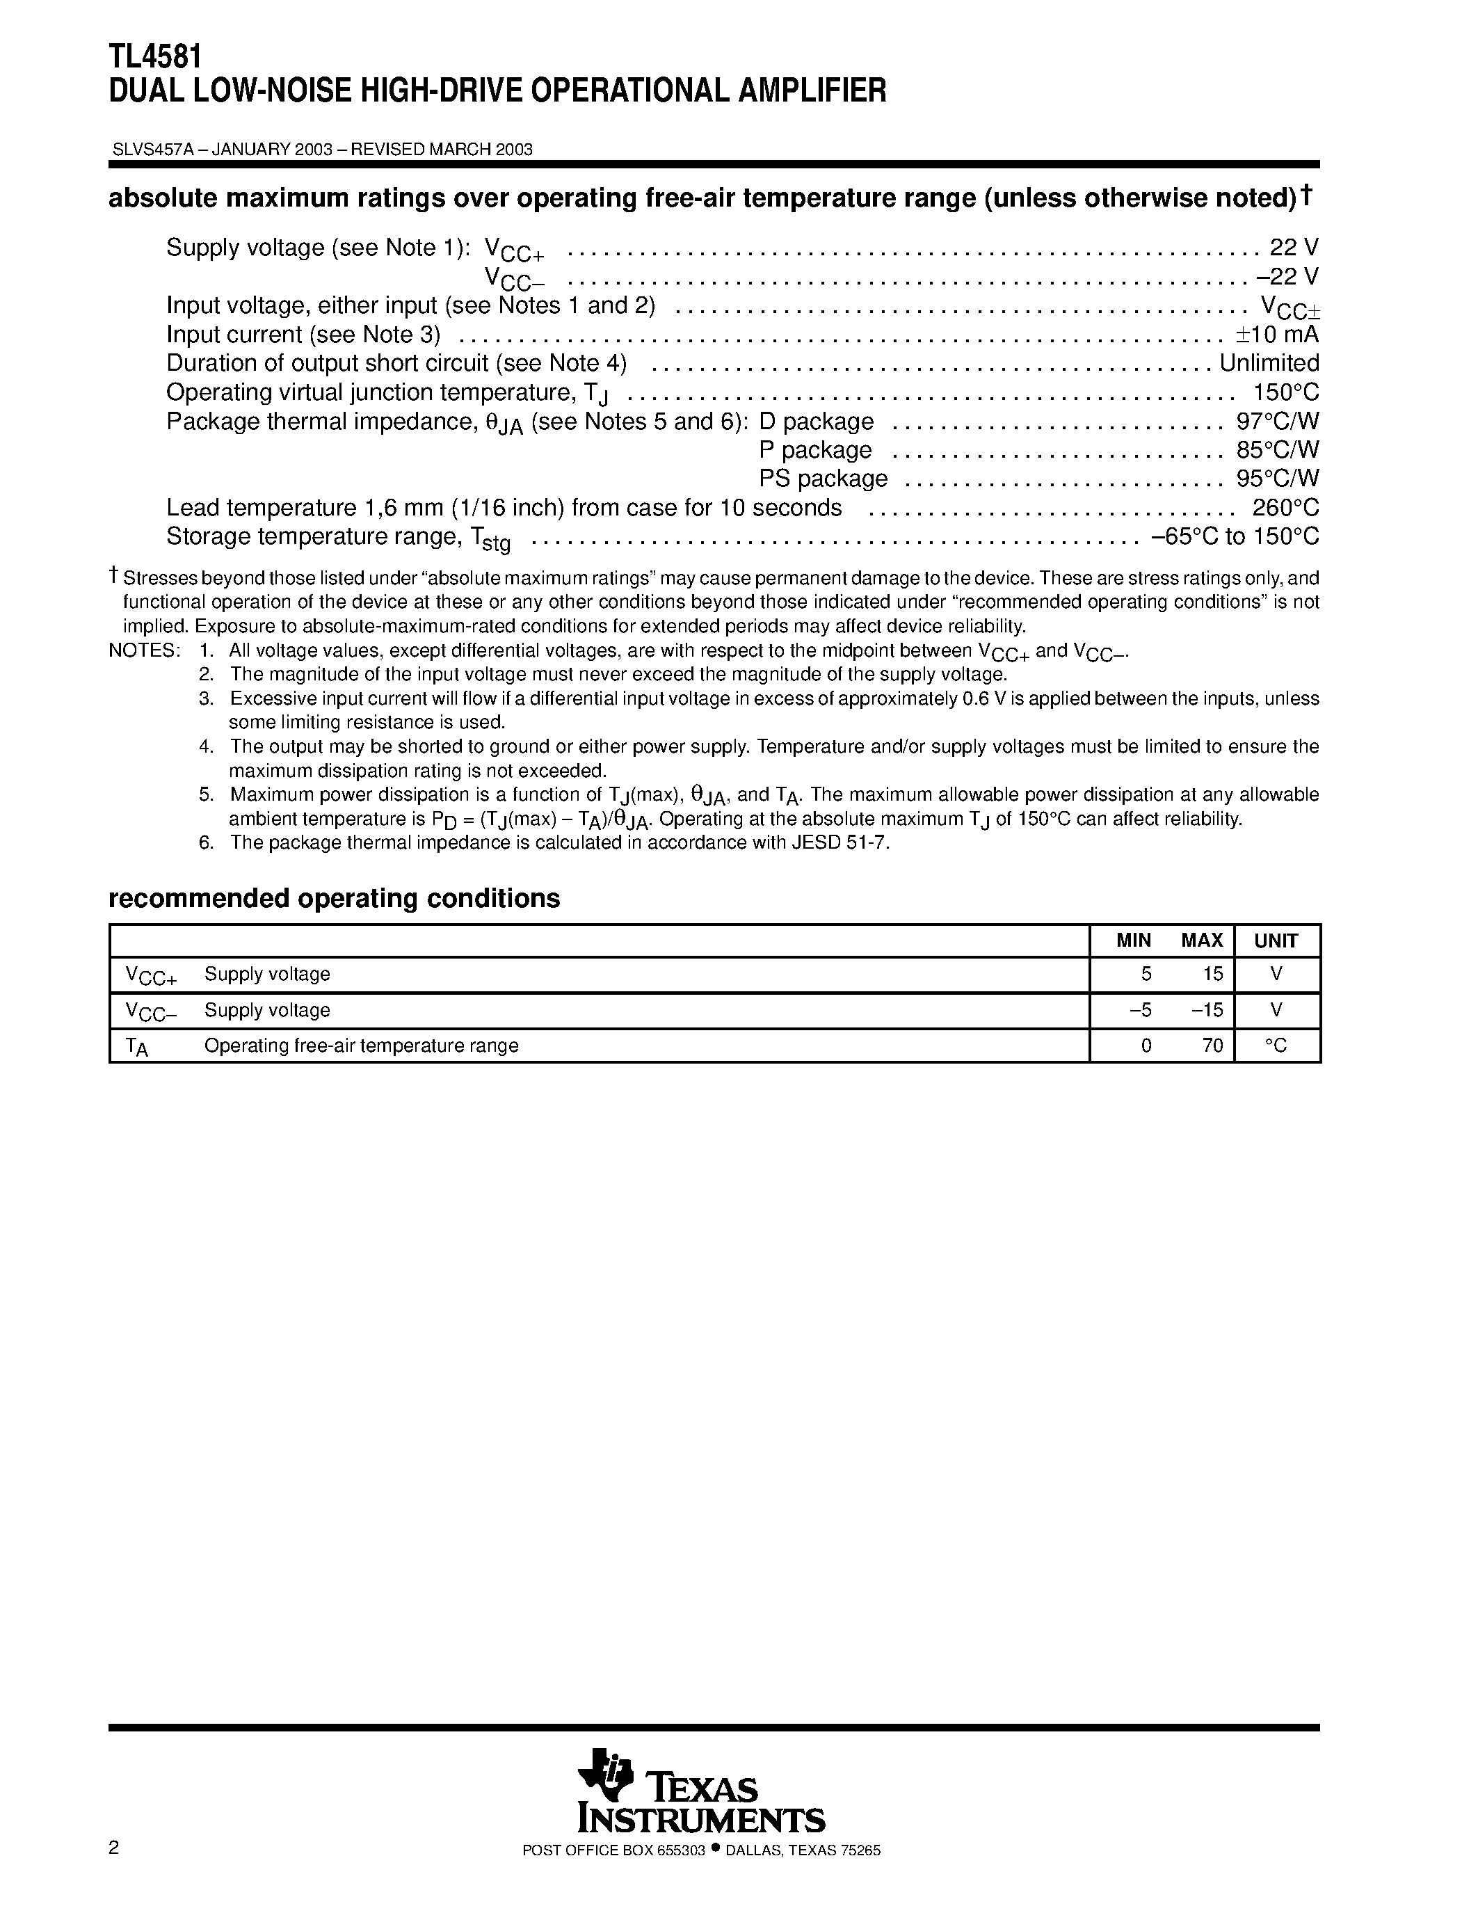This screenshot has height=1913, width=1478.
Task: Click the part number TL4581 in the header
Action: [x=155, y=57]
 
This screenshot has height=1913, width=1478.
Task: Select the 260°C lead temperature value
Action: [x=1285, y=508]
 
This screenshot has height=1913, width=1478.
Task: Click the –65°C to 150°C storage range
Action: [x=1235, y=537]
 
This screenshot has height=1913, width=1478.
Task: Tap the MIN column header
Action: [x=1133, y=941]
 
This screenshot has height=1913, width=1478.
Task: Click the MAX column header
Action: [x=1201, y=941]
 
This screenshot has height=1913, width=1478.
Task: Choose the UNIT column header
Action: [x=1276, y=941]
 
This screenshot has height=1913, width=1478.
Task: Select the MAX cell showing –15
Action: [x=1207, y=1010]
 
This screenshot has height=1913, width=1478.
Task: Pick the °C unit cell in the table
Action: [x=1276, y=1045]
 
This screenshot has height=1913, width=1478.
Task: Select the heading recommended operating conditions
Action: [x=334, y=899]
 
